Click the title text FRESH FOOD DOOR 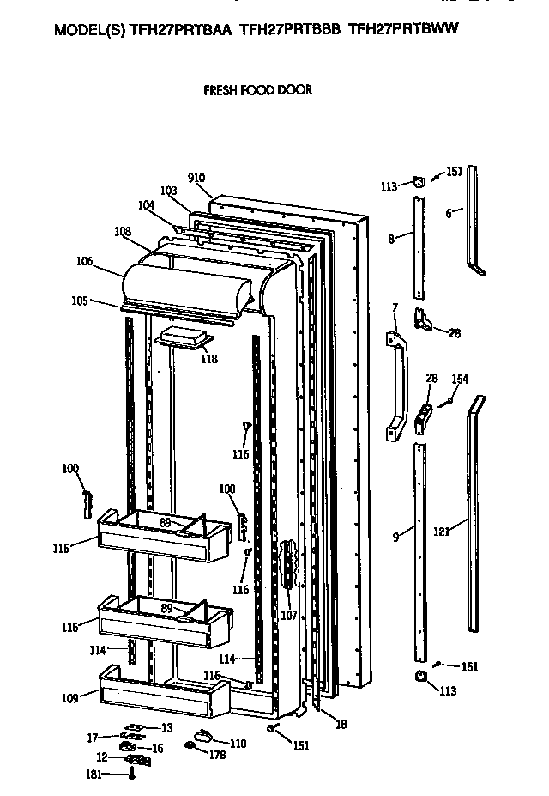click(256, 89)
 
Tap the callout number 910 click(196, 179)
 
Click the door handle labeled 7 click(397, 386)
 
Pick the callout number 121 click(441, 532)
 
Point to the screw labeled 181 click(131, 774)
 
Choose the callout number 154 click(460, 379)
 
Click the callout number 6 click(449, 213)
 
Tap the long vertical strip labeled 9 click(419, 550)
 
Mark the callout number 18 click(341, 725)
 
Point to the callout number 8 click(391, 239)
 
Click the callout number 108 click(123, 230)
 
